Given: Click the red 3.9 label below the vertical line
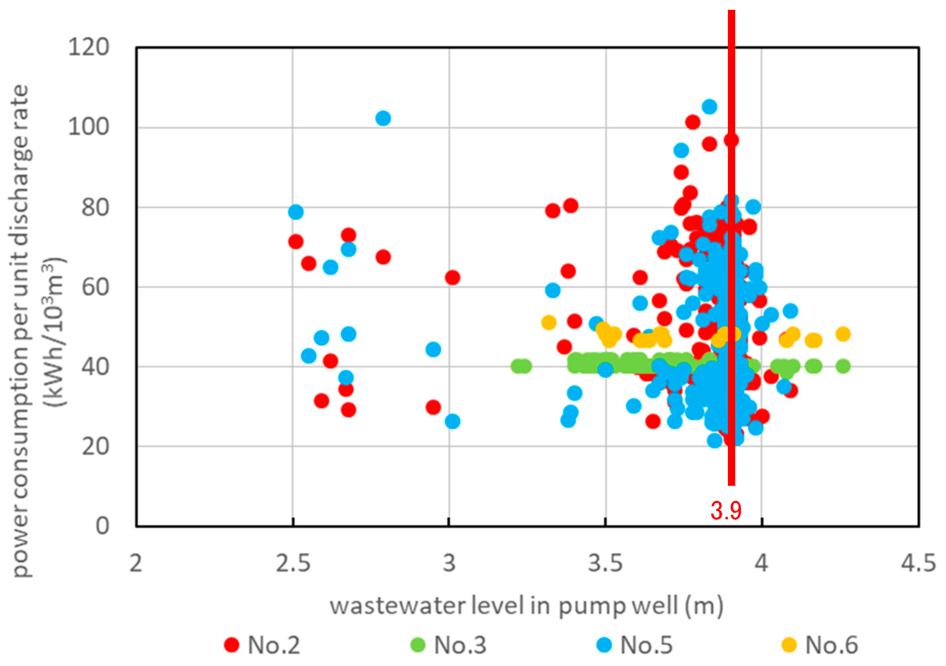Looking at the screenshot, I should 725,510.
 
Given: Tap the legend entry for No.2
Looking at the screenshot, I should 262,645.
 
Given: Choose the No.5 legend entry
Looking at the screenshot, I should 634,645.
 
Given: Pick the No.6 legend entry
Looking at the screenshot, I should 820,645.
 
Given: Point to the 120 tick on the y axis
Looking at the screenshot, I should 89,47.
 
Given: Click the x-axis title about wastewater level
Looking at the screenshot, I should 527,606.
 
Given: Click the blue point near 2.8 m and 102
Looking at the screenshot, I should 383,118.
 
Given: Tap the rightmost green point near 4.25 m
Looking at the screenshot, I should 843,366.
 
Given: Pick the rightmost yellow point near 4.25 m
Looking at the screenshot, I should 843,334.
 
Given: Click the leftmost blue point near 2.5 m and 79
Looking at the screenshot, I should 296,212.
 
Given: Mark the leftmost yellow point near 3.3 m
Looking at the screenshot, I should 549,322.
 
